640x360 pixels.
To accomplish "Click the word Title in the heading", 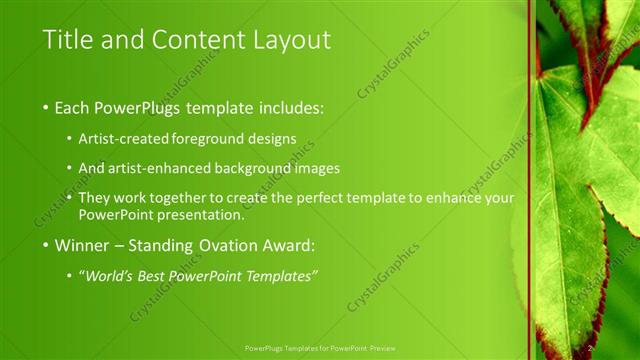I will pyautogui.click(x=69, y=40).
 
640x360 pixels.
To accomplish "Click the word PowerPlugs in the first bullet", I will pyautogui.click(x=145, y=107).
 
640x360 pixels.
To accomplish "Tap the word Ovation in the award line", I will pyautogui.click(x=213, y=245).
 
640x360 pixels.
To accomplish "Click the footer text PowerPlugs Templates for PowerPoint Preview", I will pyautogui.click(x=320, y=348).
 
